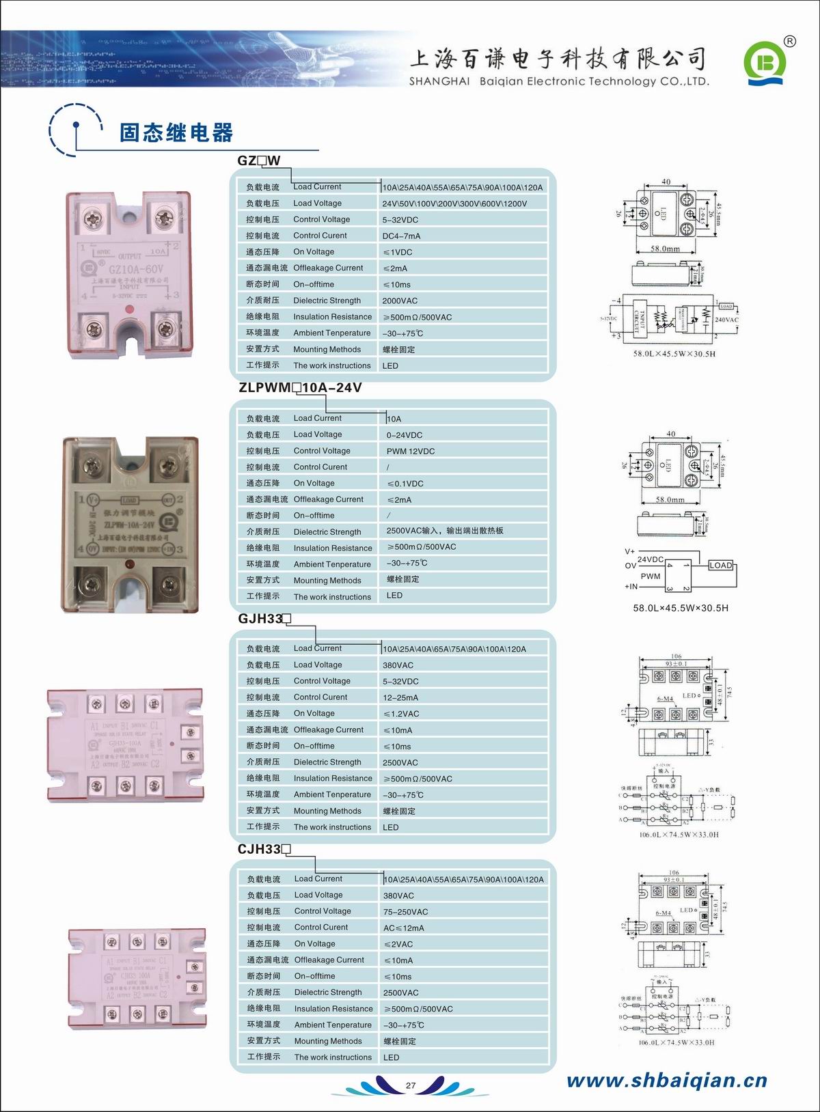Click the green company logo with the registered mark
coord(766,64)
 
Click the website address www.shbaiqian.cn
coord(667,1080)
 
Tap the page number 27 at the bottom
coord(411,1085)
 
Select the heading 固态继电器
coord(176,133)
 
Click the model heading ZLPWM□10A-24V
coord(300,388)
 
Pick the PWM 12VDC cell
coord(411,451)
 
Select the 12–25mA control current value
coord(400,697)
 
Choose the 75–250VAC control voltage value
coord(406,912)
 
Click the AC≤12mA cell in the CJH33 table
coord(404,928)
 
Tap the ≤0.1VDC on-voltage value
coord(405,484)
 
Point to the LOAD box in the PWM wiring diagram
coord(720,566)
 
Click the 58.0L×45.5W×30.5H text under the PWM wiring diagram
coord(681,608)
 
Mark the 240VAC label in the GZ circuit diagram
coord(726,320)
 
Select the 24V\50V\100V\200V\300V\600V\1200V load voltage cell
coord(454,204)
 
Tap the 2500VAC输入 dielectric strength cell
coord(445,531)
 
